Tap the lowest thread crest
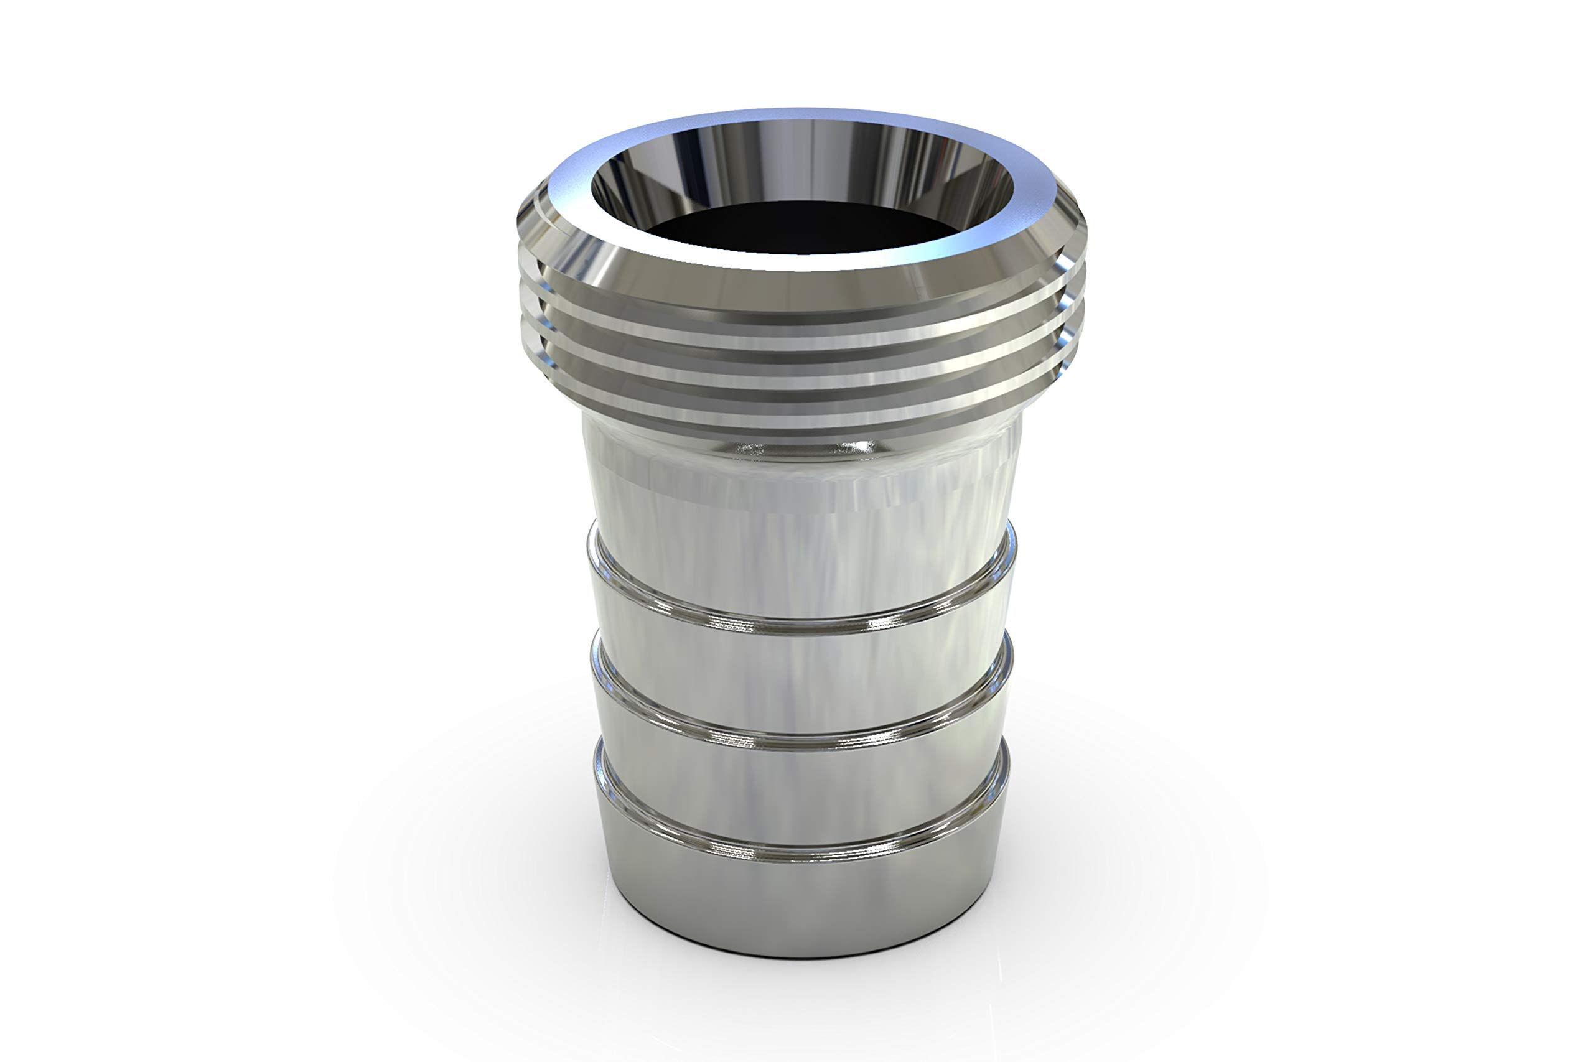[799, 406]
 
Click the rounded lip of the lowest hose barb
[799, 854]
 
